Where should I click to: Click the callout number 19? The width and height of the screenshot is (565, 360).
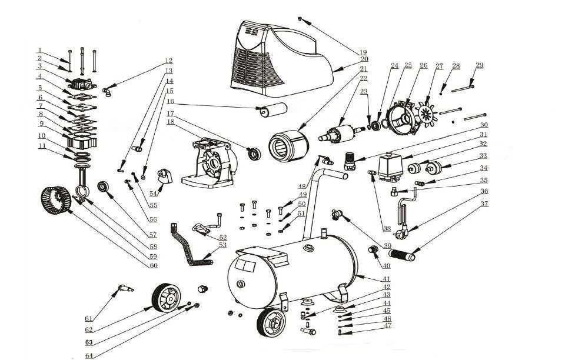[x=364, y=52]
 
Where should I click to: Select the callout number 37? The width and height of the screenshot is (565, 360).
[x=484, y=205]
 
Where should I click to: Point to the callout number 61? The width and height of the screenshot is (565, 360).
[x=88, y=319]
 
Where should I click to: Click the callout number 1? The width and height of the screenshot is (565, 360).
[x=39, y=50]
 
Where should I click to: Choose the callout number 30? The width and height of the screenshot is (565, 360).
[x=484, y=125]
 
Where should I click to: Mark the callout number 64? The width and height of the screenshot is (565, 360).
[x=89, y=355]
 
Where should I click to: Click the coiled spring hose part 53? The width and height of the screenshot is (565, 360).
[x=190, y=247]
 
